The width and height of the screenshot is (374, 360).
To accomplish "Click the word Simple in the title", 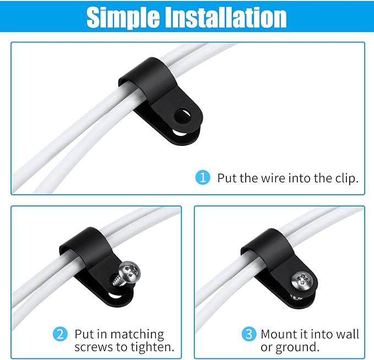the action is click(123, 17).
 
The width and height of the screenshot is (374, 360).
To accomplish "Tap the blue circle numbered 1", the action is click(203, 178).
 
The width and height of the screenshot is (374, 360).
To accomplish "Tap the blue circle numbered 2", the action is click(60, 334).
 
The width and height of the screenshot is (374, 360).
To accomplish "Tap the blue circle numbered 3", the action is click(249, 334).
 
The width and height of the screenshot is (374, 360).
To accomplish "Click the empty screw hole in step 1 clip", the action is click(182, 116).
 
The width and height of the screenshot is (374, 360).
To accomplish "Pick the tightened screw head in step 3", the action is click(302, 281).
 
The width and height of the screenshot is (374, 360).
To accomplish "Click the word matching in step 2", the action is click(137, 335).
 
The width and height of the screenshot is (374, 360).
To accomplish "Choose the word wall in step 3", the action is click(347, 334).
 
